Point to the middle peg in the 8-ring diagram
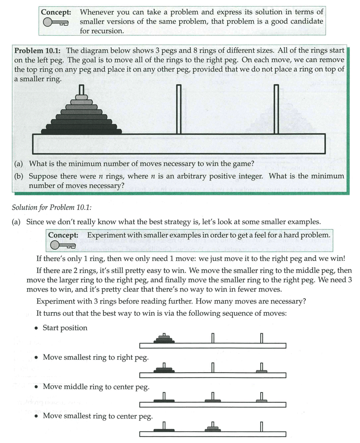click(x=179, y=109)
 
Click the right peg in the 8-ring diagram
click(x=276, y=109)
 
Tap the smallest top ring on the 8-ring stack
click(x=81, y=97)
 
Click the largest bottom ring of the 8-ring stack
click(x=81, y=132)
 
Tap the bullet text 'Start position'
click(x=65, y=328)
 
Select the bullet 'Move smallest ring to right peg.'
click(x=96, y=357)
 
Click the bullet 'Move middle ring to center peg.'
click(x=96, y=387)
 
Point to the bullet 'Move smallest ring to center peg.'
click(x=97, y=416)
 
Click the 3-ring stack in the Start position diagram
click(x=164, y=339)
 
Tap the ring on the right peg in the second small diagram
click(x=261, y=371)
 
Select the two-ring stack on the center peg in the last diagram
click(x=213, y=429)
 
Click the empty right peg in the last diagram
click(x=261, y=426)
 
